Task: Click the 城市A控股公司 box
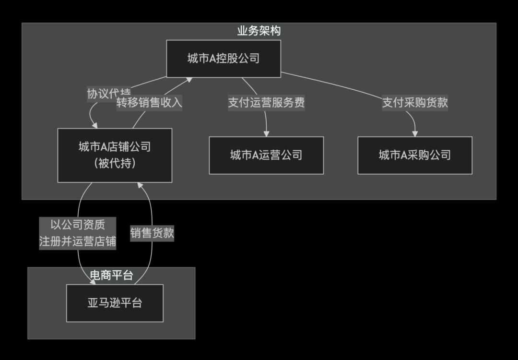[x=224, y=59]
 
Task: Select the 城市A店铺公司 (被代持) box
[x=115, y=155]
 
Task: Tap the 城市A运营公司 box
[x=266, y=155]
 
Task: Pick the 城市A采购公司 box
[x=415, y=155]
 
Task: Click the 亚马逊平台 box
[x=115, y=303]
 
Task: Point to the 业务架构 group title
[x=259, y=31]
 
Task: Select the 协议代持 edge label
[x=108, y=92]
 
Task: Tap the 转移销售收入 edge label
[x=150, y=103]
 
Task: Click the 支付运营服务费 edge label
[x=266, y=103]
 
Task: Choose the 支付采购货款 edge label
[x=415, y=103]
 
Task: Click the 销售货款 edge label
[x=152, y=233]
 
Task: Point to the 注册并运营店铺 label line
[x=78, y=241]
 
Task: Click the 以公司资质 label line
[x=78, y=224]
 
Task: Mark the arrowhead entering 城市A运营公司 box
[x=266, y=133]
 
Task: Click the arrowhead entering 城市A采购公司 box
[x=415, y=133]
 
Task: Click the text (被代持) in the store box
[x=115, y=164]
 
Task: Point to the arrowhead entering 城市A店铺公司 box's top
[x=95, y=125]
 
